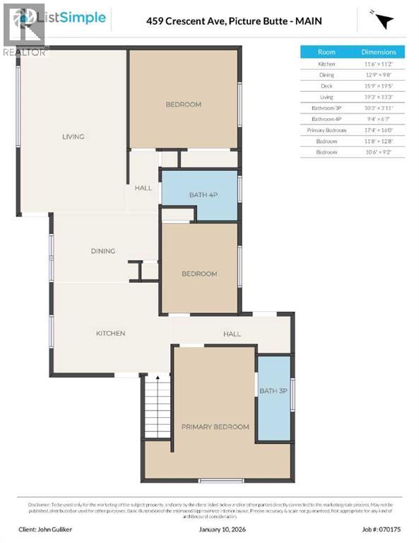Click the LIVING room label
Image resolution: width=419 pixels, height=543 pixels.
[x=73, y=136]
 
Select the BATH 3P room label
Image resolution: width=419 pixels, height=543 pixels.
[x=273, y=391]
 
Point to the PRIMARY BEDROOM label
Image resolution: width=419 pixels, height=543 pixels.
[x=215, y=426]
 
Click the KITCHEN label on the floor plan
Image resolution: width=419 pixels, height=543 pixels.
[x=110, y=333]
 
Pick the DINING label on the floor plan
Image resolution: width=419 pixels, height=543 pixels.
[x=102, y=251]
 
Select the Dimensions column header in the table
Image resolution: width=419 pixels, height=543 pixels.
[x=379, y=52]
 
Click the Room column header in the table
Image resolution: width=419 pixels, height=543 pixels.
[x=326, y=52]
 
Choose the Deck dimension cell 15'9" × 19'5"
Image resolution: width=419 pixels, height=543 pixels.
[x=379, y=86]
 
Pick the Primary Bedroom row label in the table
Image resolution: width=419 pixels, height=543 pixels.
[x=326, y=130]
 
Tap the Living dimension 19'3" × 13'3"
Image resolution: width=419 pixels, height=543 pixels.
[x=379, y=97]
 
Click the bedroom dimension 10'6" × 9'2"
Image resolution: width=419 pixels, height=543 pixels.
[x=379, y=152]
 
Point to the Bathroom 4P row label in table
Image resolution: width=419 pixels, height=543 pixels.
[x=326, y=119]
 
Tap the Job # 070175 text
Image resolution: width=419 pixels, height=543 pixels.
[x=382, y=528]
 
